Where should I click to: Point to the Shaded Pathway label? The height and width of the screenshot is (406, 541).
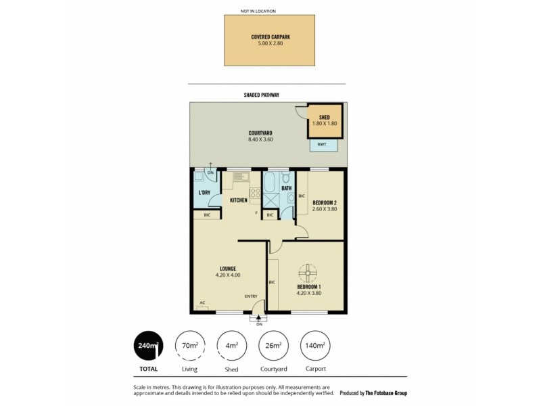(261, 95)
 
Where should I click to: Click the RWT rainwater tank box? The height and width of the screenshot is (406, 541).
(323, 144)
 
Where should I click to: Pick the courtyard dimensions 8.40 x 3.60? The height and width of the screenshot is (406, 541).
(260, 139)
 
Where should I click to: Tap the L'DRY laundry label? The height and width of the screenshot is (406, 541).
(204, 193)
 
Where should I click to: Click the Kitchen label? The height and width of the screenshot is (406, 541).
(238, 200)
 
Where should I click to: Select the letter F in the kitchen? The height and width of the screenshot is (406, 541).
(256, 214)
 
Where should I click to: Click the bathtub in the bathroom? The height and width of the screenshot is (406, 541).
(269, 183)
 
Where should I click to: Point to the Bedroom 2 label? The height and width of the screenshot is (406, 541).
(325, 202)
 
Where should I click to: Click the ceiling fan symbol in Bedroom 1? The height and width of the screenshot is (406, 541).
(307, 274)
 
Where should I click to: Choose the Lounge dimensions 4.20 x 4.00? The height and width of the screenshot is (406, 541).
(227, 275)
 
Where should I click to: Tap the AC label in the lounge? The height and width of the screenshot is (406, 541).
(202, 302)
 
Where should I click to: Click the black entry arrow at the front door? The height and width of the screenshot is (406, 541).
(259, 317)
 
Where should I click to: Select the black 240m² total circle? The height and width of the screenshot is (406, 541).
(148, 346)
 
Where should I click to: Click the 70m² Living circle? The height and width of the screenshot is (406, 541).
(190, 346)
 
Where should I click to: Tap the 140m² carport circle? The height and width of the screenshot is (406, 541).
(314, 346)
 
